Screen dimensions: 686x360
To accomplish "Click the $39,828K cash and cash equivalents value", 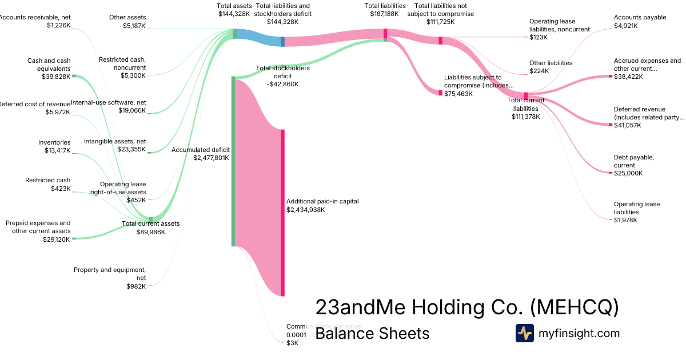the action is (x=56, y=77).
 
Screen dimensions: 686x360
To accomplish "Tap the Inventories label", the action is (x=54, y=142).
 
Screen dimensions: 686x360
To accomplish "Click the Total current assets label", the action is (x=150, y=223).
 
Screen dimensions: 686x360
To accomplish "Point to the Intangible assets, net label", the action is (x=115, y=141).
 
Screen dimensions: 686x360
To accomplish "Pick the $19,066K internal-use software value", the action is (x=132, y=111).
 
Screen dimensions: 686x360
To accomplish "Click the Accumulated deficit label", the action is (x=201, y=150).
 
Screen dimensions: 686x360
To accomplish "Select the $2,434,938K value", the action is (x=306, y=210).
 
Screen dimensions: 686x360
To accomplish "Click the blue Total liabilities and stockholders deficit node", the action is (x=282, y=41).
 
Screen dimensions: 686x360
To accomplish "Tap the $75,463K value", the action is (x=458, y=93).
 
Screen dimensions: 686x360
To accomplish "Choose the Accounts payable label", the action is (x=640, y=17).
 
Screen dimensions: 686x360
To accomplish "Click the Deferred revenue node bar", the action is (x=611, y=125).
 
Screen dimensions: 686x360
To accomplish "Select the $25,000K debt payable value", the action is (x=628, y=173).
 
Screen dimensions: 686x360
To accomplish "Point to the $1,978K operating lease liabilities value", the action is (x=625, y=220).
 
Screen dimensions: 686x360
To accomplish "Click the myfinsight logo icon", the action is (x=524, y=333).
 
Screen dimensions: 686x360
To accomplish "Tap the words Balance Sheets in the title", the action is (x=372, y=333).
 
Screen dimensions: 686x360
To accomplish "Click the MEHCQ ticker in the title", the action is (x=575, y=307).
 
